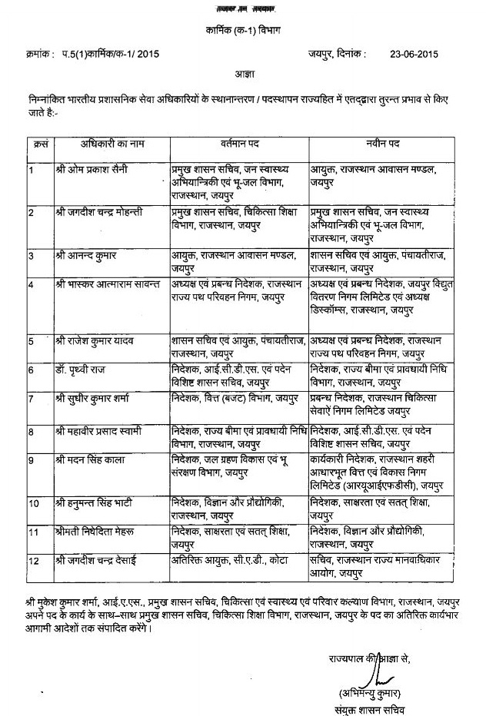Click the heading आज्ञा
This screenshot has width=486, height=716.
click(243, 75)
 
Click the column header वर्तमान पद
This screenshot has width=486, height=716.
click(239, 144)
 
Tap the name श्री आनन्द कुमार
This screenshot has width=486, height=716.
click(86, 254)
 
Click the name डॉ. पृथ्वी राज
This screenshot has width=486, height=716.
click(82, 370)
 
